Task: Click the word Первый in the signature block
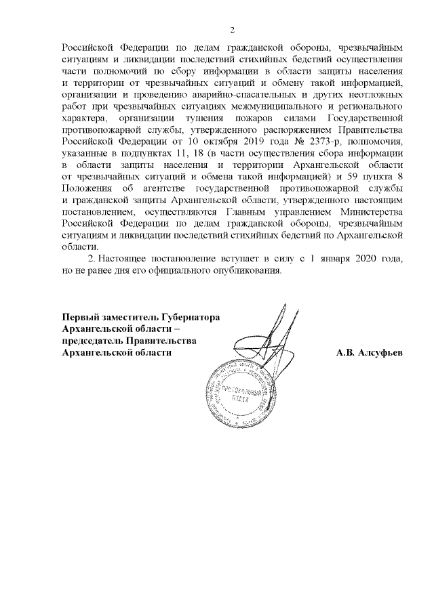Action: (x=77, y=316)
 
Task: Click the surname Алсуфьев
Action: (x=378, y=352)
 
